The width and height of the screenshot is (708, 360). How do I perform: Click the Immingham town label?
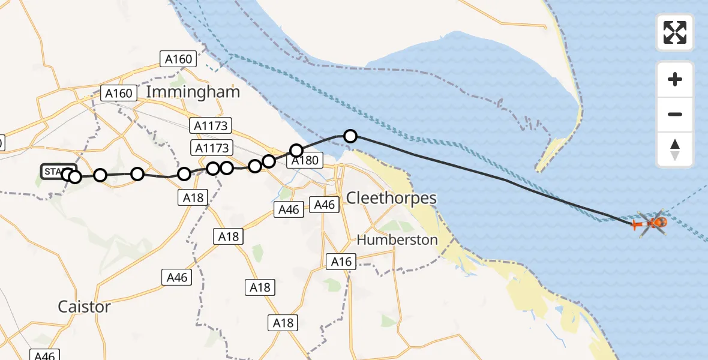193,92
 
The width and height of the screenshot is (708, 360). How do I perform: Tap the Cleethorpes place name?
392,199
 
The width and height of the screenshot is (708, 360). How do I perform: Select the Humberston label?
397,239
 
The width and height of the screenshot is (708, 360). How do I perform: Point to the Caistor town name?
84,307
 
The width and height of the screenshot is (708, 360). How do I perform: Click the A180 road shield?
305,160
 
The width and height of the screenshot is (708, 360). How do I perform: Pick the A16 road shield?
341,261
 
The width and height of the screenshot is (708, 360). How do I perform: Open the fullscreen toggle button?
675,32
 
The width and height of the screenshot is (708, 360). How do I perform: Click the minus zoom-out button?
675,114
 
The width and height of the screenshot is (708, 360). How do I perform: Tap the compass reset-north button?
675,149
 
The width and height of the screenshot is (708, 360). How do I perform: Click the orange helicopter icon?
656,223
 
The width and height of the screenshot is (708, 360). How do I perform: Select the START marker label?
58,172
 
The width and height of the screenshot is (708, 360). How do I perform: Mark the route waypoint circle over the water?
350,136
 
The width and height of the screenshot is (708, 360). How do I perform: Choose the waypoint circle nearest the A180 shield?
296,150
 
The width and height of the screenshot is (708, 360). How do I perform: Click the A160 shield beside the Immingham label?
118,93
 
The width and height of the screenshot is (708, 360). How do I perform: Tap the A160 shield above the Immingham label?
178,59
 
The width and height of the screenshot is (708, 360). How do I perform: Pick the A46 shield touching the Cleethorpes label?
324,205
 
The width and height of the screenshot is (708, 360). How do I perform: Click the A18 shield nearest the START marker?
193,197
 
